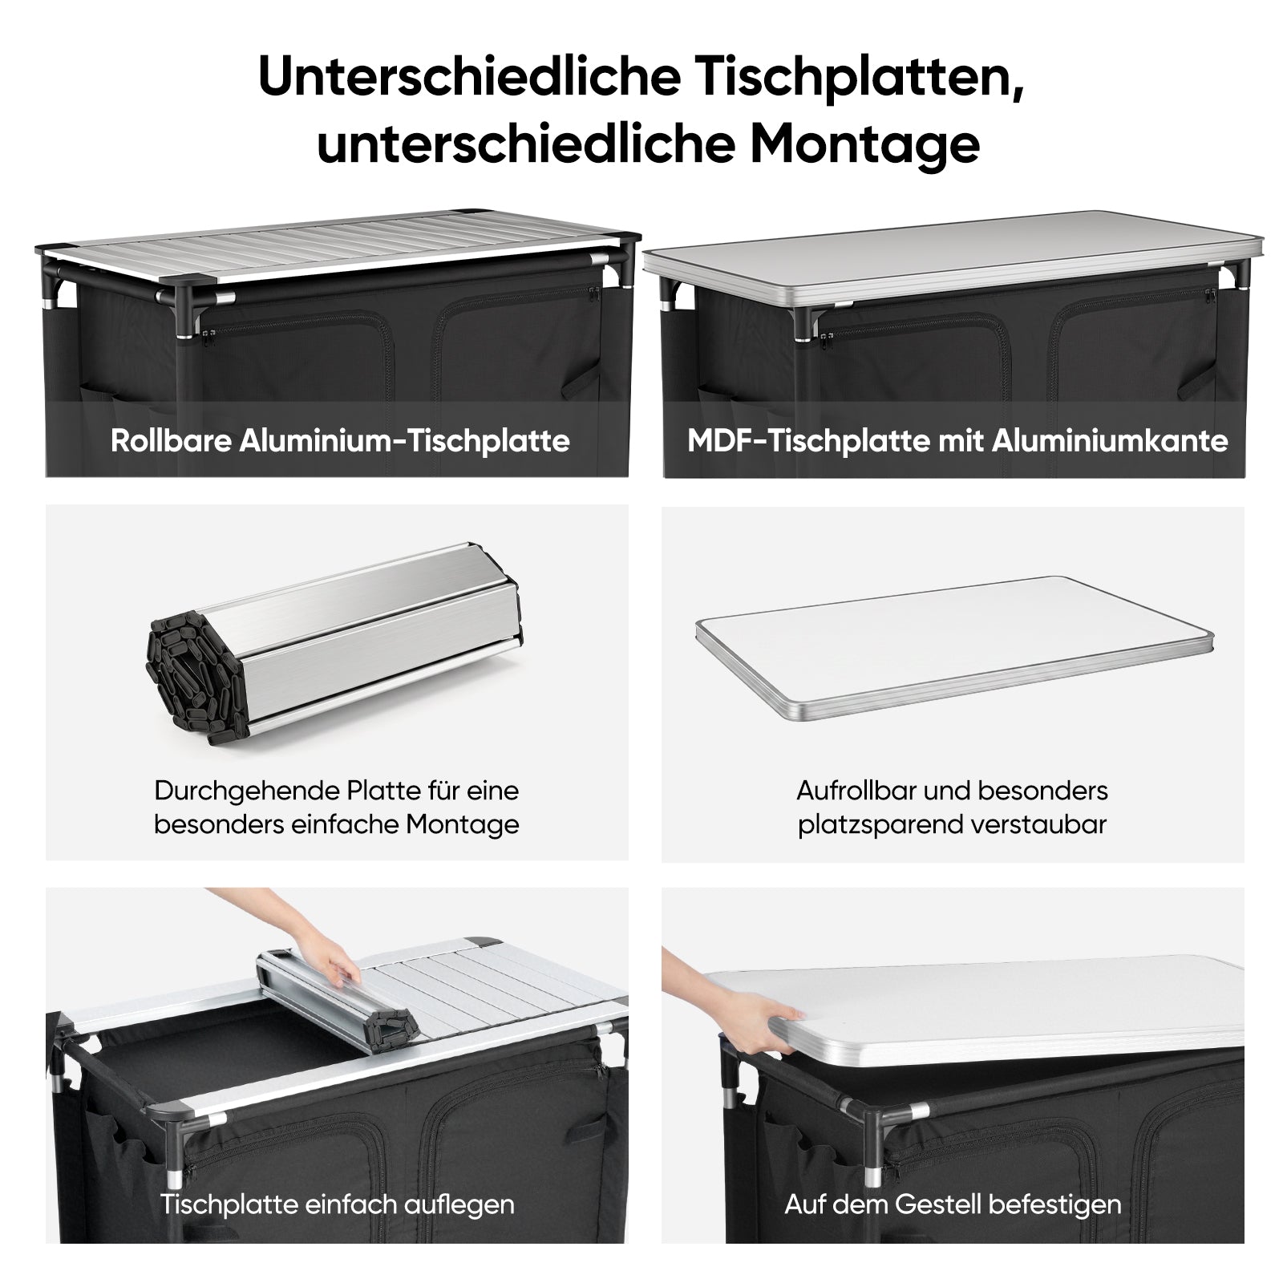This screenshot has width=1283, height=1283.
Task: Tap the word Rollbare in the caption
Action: tap(171, 441)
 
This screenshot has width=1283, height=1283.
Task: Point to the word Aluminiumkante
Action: tap(1111, 441)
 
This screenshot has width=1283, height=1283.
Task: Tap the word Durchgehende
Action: tap(248, 791)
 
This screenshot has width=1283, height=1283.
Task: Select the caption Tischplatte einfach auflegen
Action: tap(337, 1204)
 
